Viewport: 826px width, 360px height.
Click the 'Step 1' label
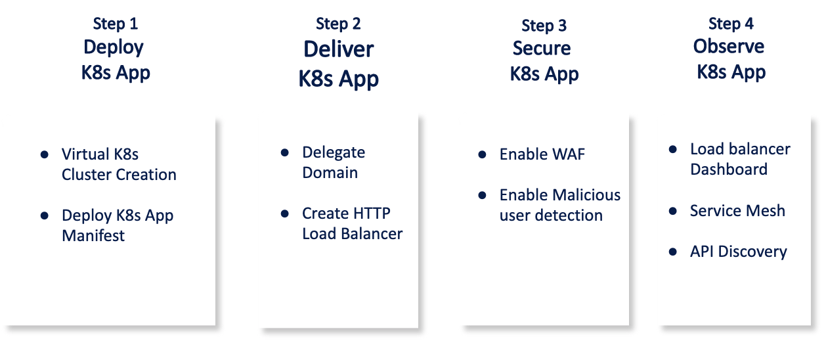point(116,24)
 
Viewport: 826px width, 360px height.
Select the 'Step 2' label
point(338,24)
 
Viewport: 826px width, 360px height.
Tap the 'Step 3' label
point(544,26)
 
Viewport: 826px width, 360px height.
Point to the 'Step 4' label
point(731,24)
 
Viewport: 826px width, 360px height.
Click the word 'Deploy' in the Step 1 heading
point(114,47)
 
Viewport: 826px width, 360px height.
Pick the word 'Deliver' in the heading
point(338,49)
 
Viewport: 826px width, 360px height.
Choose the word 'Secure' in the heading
point(542,49)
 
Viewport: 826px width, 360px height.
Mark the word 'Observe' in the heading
point(729,47)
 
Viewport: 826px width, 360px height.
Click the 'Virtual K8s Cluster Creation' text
point(119,164)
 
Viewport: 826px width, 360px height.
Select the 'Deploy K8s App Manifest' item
point(118,225)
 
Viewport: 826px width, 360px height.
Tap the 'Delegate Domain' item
point(334,162)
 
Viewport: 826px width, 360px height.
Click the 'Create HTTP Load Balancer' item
point(352,223)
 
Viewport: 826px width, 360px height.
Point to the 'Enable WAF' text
point(542,154)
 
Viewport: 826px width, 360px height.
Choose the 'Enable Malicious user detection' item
point(559,205)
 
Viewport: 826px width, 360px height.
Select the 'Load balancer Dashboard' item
point(740,159)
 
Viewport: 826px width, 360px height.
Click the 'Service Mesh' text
point(737,211)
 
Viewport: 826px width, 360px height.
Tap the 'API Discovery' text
point(738,252)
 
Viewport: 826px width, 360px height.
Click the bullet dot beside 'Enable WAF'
point(483,154)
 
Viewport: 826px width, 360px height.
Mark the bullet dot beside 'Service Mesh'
point(673,211)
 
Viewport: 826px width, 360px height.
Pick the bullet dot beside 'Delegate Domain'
point(285,152)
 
